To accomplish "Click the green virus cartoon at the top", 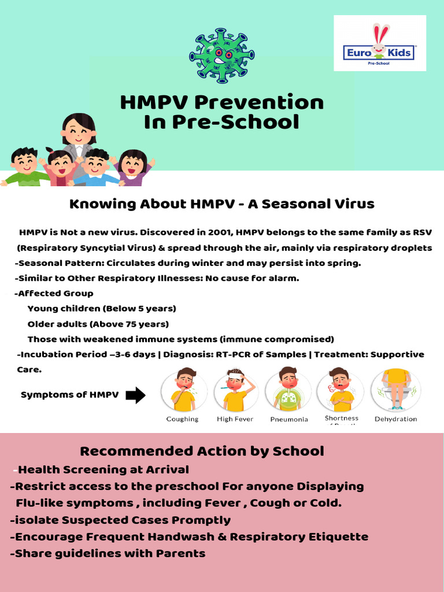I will click(x=221, y=55).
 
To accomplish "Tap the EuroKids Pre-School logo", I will click(x=379, y=43).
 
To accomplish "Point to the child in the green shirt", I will click(x=25, y=168).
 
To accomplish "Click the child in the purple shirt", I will click(x=132, y=168).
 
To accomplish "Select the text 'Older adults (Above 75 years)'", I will click(x=98, y=324).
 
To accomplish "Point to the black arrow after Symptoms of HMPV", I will click(x=135, y=395).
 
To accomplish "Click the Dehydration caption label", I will click(x=395, y=419).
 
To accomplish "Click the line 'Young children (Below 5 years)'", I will click(x=102, y=309).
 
